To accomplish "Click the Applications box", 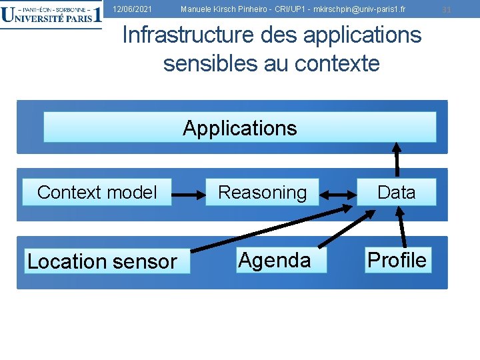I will point(240,127).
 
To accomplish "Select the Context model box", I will point(97,193).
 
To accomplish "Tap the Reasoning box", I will point(263,193).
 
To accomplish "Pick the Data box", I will point(396,193).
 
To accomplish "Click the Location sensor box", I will point(102,261).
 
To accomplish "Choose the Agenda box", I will point(275,260).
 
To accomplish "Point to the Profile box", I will point(397,260).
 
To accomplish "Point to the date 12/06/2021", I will point(132,9).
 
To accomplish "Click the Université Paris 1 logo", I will point(51,15).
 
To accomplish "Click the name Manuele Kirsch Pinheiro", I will point(221,9).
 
